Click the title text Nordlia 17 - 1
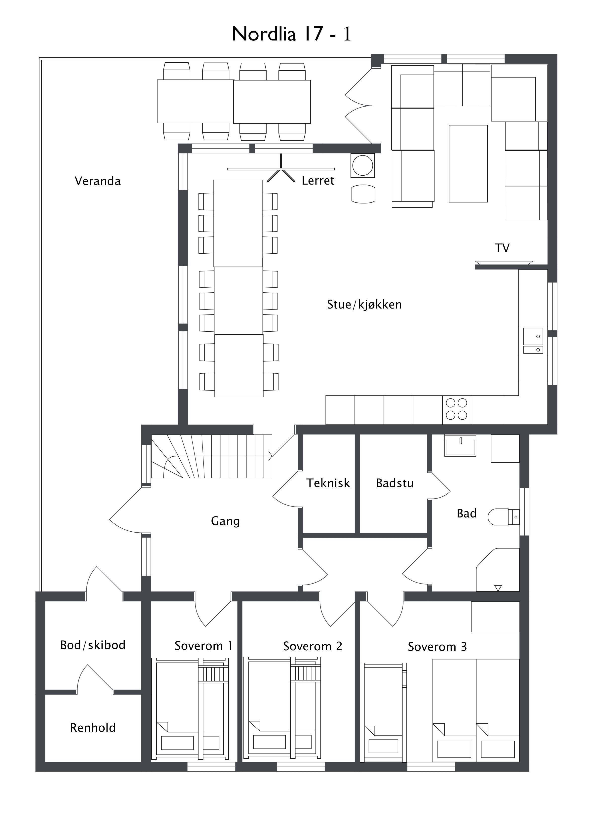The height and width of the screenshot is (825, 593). [291, 34]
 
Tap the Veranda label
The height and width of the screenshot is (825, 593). [97, 181]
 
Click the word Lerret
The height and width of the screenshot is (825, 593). [317, 180]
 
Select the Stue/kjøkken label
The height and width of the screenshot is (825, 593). [364, 305]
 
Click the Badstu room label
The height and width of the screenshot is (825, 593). [395, 483]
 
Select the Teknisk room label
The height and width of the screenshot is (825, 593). [328, 483]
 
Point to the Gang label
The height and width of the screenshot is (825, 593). [225, 521]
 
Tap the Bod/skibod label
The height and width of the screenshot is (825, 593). [93, 645]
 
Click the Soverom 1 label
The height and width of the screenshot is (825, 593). [203, 646]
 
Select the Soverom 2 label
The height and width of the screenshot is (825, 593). [313, 646]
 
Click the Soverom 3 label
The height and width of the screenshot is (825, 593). [437, 647]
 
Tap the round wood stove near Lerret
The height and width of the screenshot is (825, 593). [363, 165]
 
